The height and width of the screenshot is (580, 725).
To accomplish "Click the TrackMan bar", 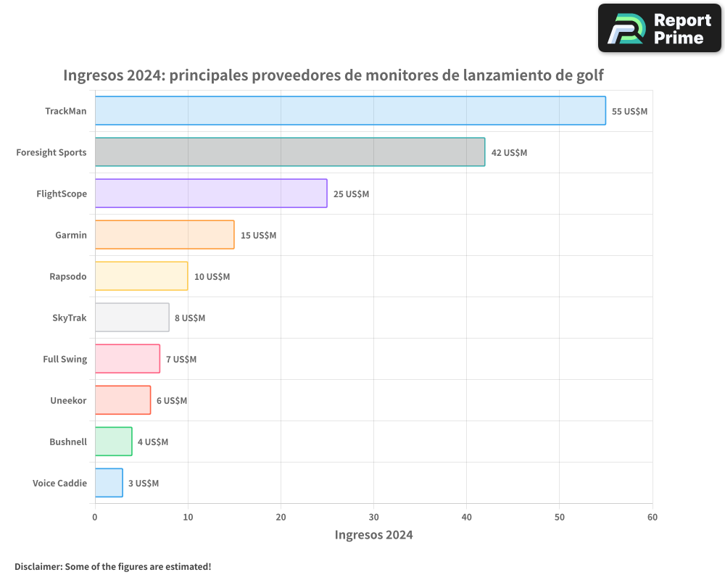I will [x=350, y=111].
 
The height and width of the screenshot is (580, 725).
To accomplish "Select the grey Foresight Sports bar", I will [x=290, y=152].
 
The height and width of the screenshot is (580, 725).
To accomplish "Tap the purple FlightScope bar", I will [x=211, y=194].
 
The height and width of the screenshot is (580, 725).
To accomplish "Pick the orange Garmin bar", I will [x=165, y=235].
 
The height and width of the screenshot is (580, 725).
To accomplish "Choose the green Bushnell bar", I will [x=113, y=442].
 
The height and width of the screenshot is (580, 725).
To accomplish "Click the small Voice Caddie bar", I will [x=109, y=483].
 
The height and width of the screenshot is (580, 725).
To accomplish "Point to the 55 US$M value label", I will [x=629, y=112].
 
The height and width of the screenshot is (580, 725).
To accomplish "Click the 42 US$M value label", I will [x=509, y=153].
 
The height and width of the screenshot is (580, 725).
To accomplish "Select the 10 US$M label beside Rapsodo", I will [x=212, y=277].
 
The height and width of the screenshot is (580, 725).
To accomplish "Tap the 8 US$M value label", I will [x=190, y=318].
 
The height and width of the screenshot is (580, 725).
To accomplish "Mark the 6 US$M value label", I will [x=172, y=401].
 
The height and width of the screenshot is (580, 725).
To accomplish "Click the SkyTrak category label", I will [x=69, y=318].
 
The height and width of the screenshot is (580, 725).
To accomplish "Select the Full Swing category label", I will [x=65, y=359].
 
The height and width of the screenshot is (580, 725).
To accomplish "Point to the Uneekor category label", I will [x=68, y=400].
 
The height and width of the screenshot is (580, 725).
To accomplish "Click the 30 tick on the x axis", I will [x=373, y=517].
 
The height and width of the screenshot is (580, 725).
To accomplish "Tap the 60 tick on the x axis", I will [x=652, y=517].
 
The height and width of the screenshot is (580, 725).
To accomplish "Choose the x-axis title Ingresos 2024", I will [x=373, y=535].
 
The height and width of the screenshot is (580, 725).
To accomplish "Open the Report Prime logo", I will [x=659, y=28].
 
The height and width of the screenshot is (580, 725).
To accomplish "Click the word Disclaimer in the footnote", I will [x=38, y=566].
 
